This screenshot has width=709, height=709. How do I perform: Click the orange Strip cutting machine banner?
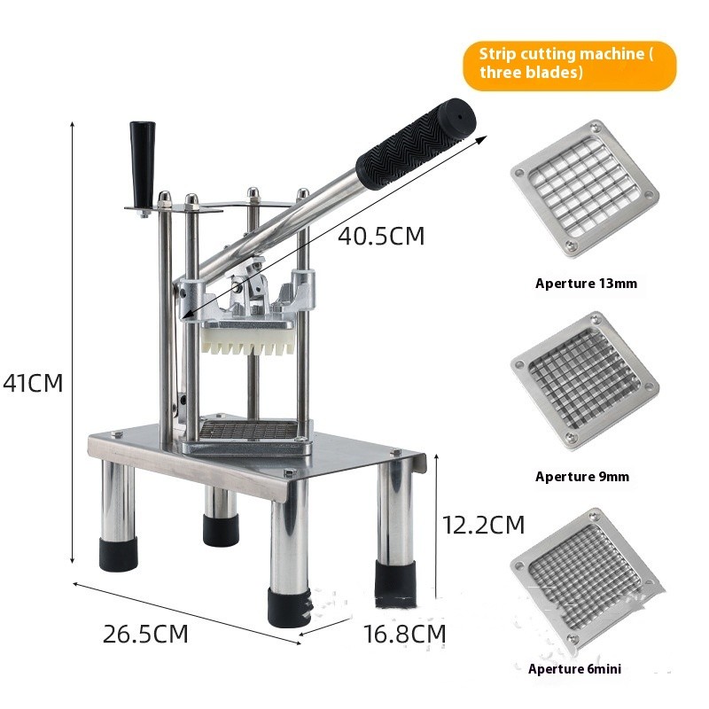click(569, 63)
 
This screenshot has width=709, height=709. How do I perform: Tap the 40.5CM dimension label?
click(381, 237)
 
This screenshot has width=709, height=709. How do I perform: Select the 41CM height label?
click(33, 383)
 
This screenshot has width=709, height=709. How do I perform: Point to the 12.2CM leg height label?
click(484, 525)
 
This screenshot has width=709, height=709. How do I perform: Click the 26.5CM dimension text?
click(145, 635)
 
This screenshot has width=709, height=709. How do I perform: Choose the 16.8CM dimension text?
click(404, 635)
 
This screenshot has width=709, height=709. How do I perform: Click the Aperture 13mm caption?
click(586, 284)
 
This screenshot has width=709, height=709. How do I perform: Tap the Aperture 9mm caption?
click(582, 477)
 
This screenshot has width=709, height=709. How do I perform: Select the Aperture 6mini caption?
click(574, 669)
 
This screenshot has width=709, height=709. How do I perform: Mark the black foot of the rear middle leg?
click(220, 529)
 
